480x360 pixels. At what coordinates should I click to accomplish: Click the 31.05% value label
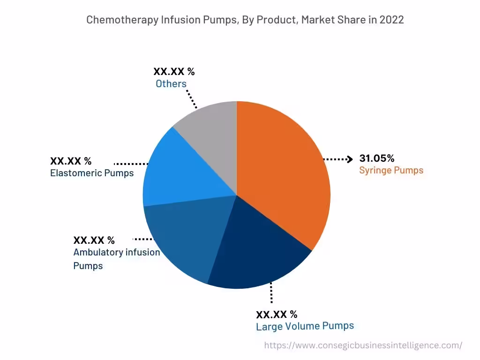coord(377,158)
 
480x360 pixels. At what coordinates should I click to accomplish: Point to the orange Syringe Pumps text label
coord(391,170)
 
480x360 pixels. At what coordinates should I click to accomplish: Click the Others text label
coord(171,84)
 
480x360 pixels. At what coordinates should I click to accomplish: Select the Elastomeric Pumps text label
coord(92,173)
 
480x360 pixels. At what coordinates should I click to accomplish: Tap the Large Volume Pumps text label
coord(305,326)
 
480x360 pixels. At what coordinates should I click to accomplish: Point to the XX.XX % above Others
coord(174,72)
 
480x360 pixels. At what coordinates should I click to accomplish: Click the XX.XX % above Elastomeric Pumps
coord(71,161)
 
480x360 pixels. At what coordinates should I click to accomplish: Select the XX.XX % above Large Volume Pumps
coord(277,314)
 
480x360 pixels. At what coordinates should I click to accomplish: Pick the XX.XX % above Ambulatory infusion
coord(94,240)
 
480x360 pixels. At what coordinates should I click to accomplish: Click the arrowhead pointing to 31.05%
coord(349,159)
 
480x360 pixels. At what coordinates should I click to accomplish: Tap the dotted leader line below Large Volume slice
coord(270,295)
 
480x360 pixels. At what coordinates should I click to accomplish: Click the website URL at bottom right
coord(363,345)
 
